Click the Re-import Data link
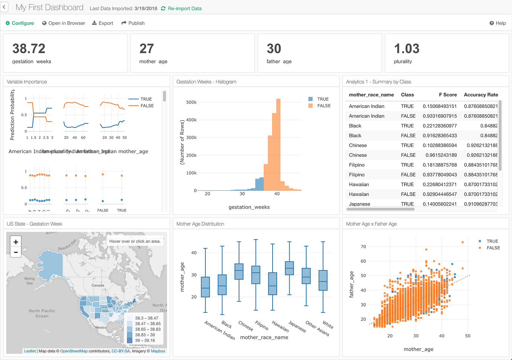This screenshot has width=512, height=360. click(184, 8)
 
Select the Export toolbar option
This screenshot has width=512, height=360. click(103, 23)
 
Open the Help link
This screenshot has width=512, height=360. click(498, 23)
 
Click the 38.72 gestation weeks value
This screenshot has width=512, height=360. click(29, 49)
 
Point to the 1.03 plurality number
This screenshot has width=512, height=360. click(406, 49)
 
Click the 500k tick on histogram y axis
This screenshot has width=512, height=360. click(191, 102)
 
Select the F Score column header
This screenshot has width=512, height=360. click(448, 95)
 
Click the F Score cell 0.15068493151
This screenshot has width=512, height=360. click(440, 106)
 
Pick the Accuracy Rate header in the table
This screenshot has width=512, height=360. click(481, 95)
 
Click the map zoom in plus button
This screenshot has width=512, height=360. click(16, 242)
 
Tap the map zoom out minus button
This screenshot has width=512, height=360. click(16, 252)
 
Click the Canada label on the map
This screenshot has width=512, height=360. click(98, 285)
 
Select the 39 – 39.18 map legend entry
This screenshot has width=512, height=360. click(145, 340)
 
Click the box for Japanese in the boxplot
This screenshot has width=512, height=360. click(289, 268)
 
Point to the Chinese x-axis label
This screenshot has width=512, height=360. click(246, 325)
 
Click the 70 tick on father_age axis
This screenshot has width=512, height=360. click(363, 247)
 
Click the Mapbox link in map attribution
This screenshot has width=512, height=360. click(158, 351)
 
